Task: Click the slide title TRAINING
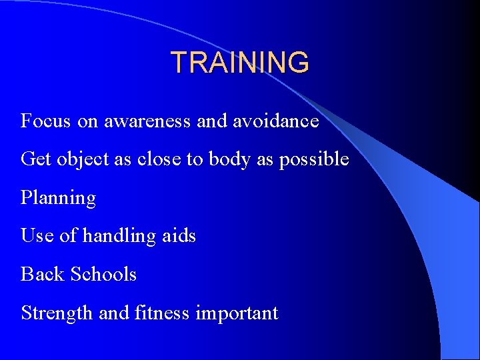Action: point(240,63)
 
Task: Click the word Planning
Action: point(59,199)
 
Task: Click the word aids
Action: point(179,235)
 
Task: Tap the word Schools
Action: point(103,274)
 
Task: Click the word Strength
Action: point(57,313)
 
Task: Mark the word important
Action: point(237,313)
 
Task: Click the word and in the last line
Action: point(114,312)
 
